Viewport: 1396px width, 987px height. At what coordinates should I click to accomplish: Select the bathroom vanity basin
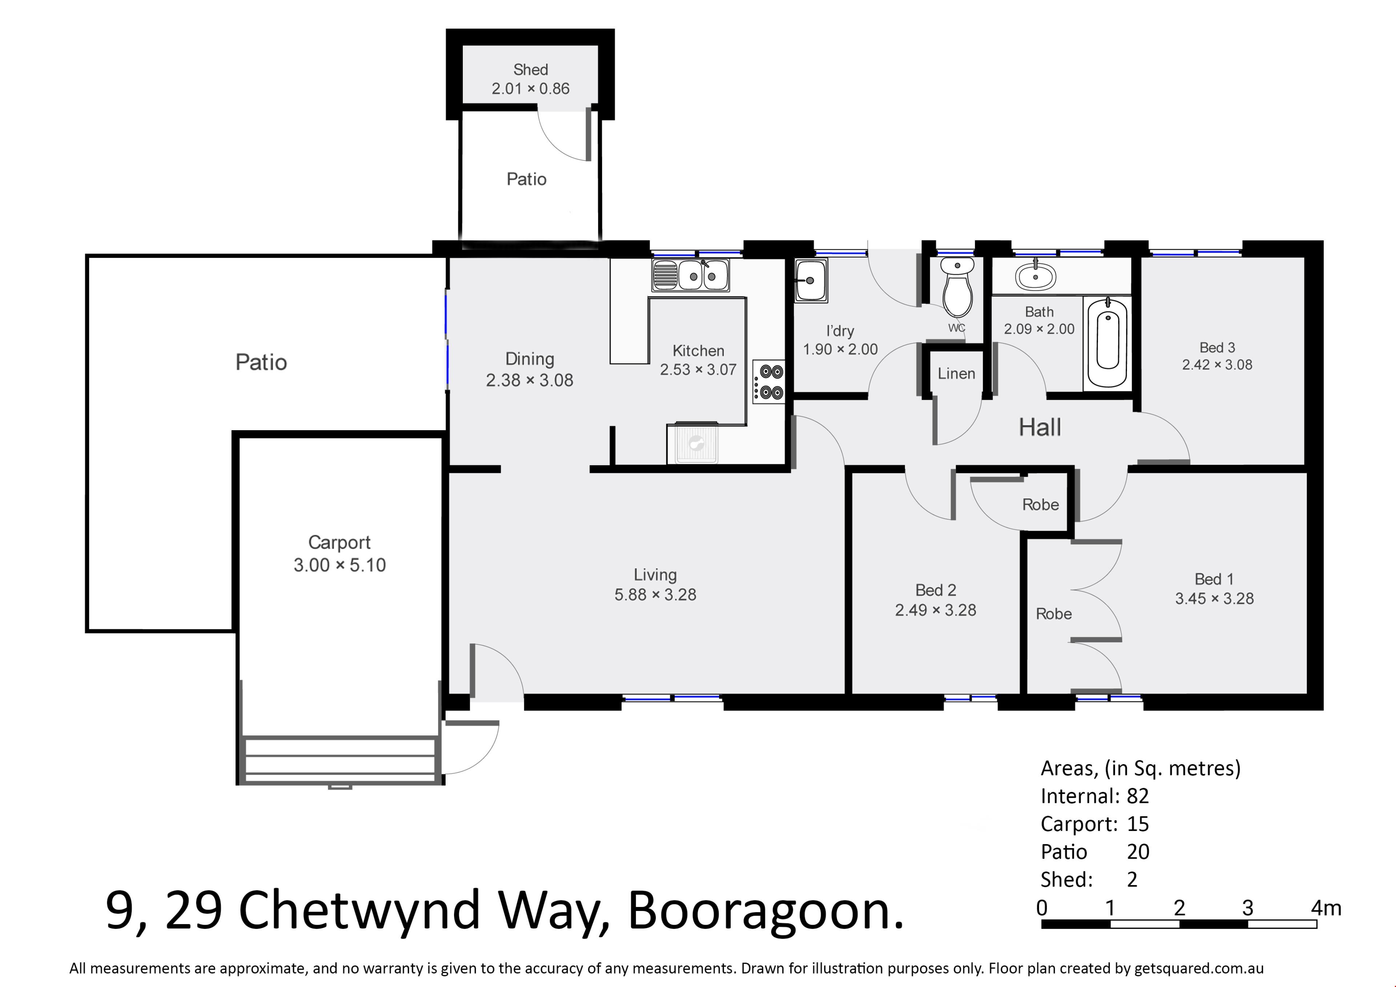1035,277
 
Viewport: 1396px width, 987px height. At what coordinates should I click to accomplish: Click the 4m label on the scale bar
1326,908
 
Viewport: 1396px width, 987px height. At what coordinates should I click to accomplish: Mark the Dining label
530,359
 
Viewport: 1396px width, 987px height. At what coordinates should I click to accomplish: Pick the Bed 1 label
1214,579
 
